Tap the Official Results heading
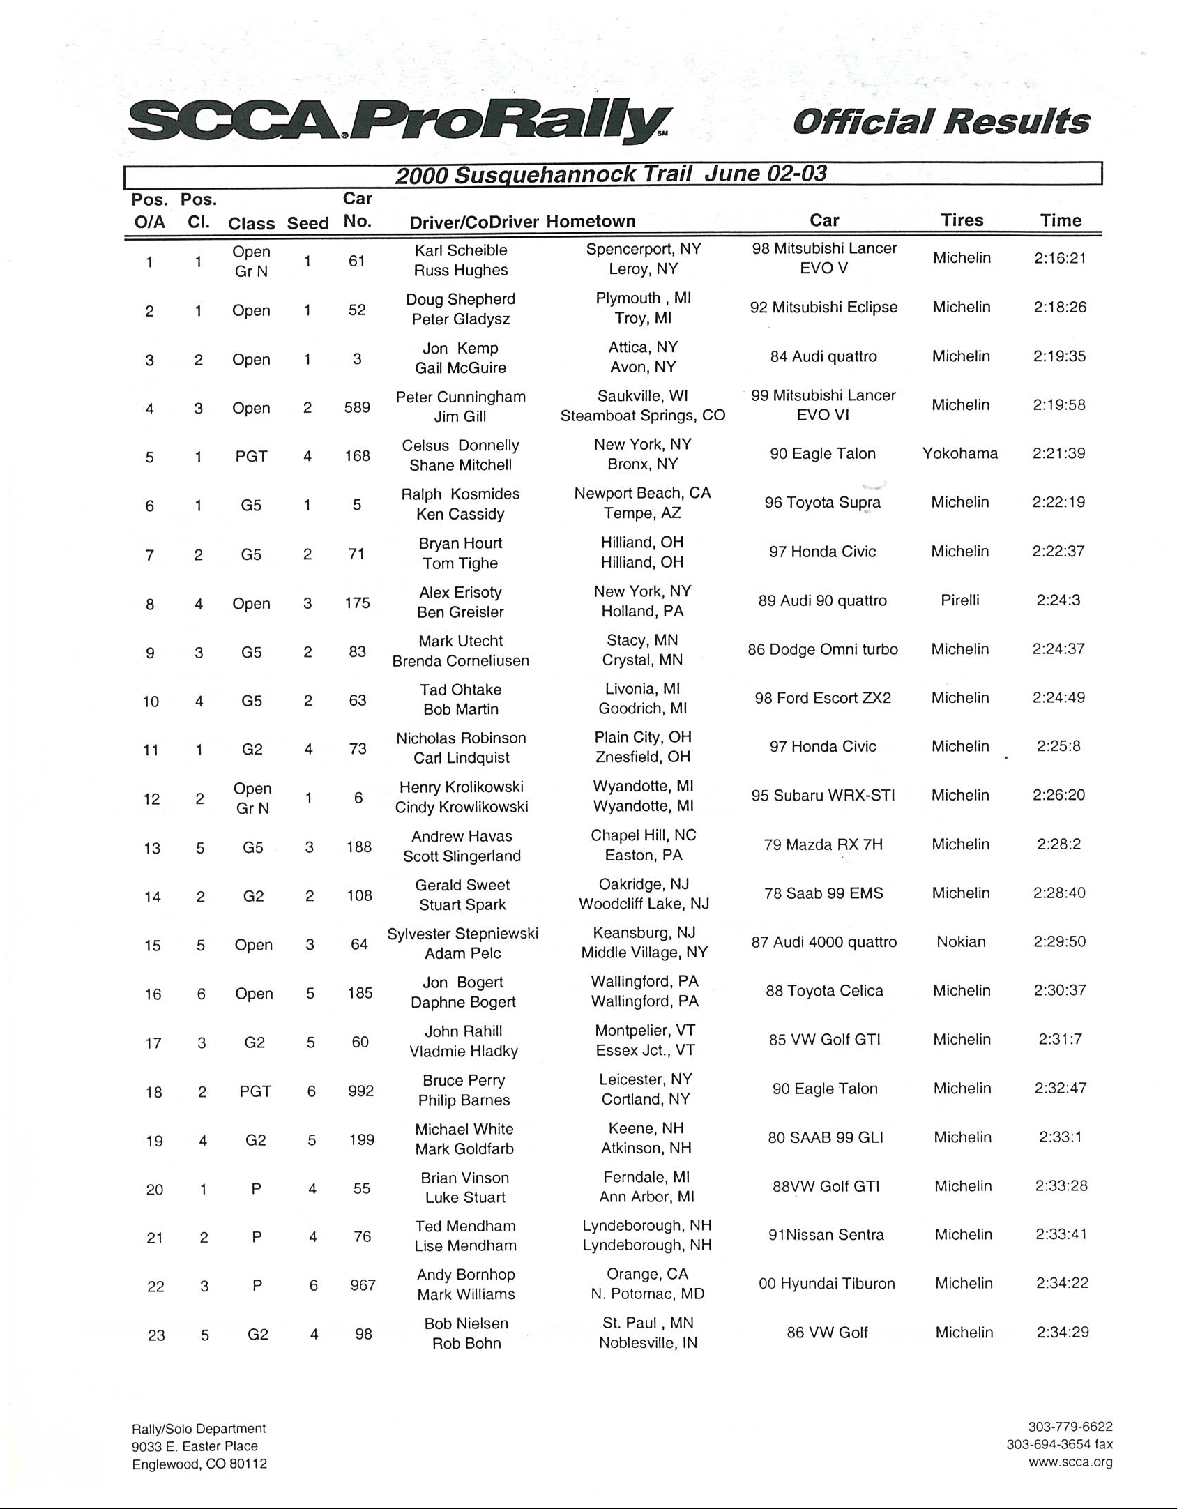(941, 121)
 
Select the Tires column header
(962, 220)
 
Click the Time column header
(1061, 220)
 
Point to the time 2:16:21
(1060, 258)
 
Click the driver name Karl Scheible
(461, 250)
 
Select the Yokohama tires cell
(960, 453)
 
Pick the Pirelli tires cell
(960, 600)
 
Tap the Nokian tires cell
(961, 942)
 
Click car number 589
(357, 407)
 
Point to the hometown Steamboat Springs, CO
(643, 416)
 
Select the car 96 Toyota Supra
(823, 503)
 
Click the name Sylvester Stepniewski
(463, 934)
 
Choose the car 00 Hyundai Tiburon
(826, 1284)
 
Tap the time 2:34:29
(1063, 1333)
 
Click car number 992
(361, 1091)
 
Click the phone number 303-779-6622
(1070, 1427)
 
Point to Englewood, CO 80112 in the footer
(199, 1464)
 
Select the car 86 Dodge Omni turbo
(823, 650)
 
